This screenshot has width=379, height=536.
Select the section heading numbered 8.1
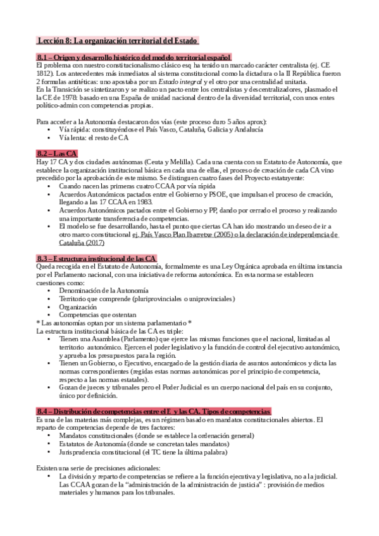coord(134,58)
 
